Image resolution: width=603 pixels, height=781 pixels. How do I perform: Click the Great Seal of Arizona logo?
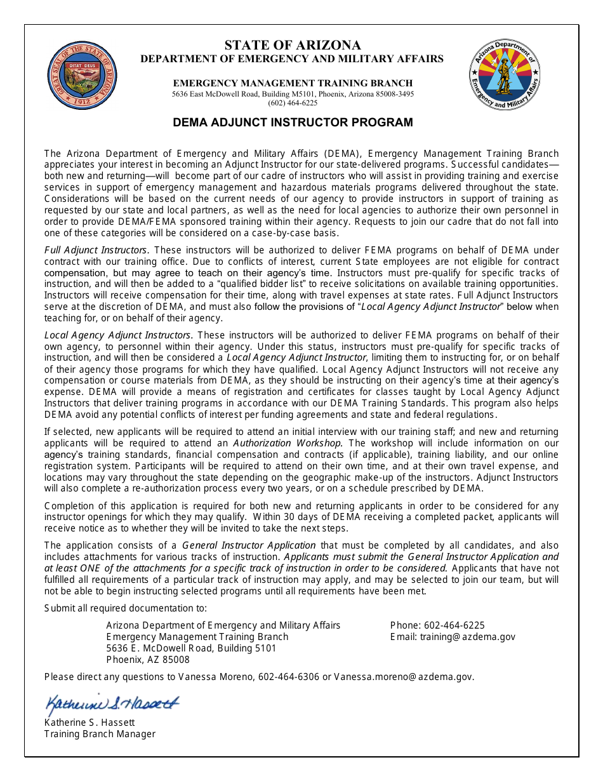[82, 76]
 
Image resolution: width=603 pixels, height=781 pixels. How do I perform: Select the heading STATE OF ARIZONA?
[293, 45]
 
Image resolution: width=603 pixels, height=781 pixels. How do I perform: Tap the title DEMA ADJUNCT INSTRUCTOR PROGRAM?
[293, 123]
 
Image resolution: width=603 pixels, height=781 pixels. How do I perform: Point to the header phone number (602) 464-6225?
[293, 103]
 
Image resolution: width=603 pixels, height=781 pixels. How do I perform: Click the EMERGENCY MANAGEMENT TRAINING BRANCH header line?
[293, 83]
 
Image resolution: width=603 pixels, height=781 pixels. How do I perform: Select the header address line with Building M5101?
[293, 94]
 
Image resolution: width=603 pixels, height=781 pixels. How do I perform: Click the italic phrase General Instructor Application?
[249, 545]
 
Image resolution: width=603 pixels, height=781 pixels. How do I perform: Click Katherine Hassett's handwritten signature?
[112, 703]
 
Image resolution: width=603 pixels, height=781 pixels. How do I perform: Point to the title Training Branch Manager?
[100, 734]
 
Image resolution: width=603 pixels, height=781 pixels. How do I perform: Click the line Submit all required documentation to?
[125, 608]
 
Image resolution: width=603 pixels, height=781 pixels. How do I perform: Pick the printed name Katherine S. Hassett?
[89, 723]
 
